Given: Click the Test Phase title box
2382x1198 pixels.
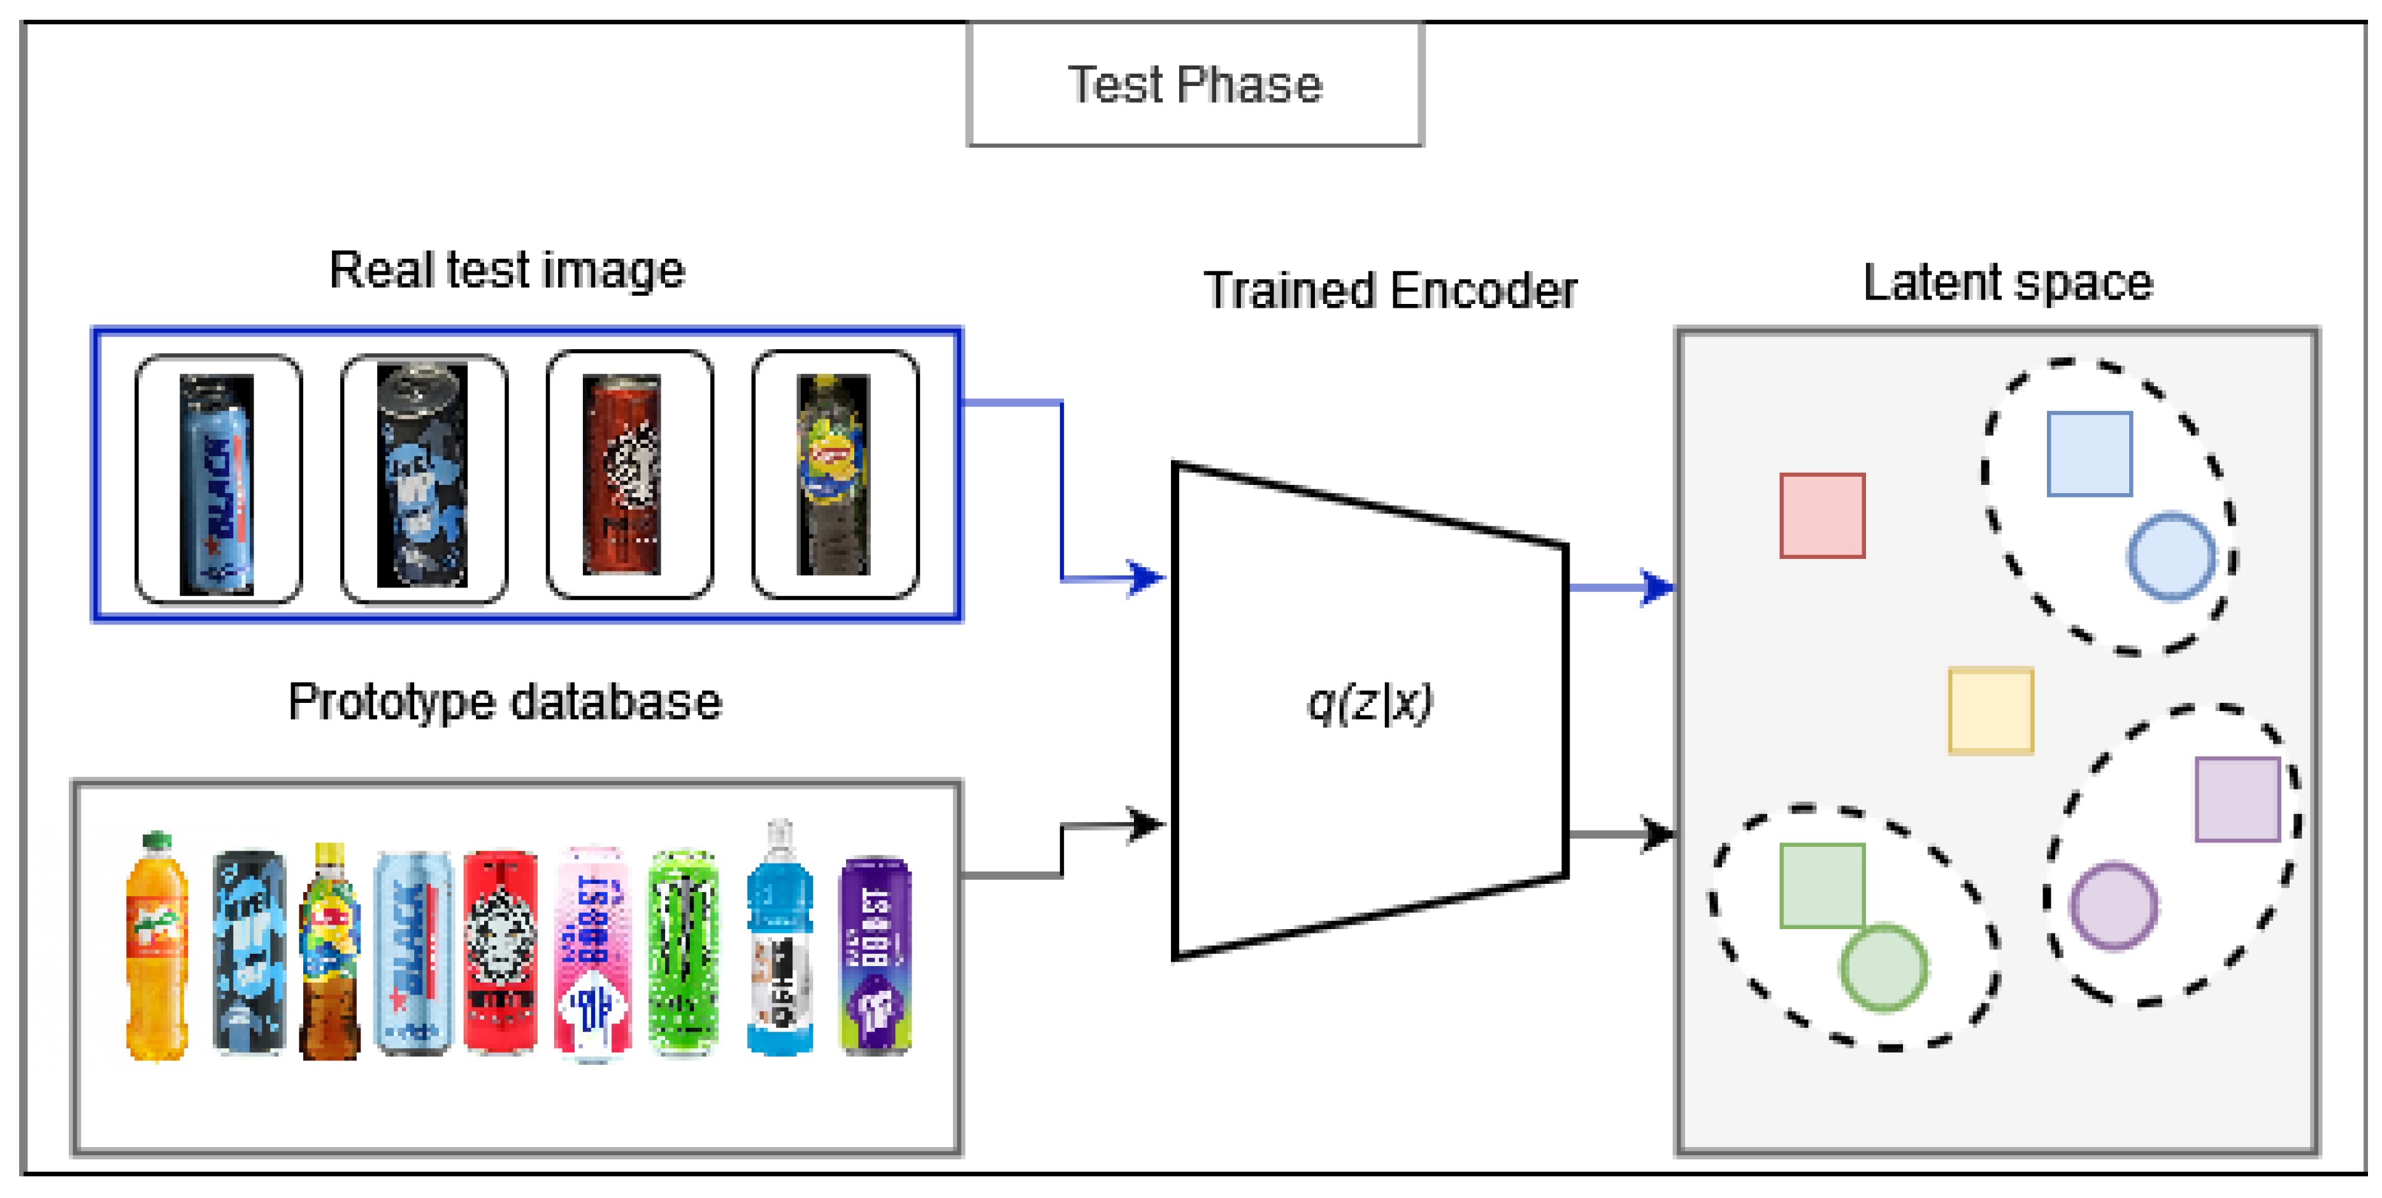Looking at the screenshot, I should click(1194, 84).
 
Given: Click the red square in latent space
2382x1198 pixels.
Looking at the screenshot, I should click(1821, 516).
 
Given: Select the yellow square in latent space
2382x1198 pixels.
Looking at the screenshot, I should click(1990, 711).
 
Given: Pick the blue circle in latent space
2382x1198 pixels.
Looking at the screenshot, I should click(2171, 556).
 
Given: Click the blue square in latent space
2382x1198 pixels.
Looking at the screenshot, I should click(2089, 453).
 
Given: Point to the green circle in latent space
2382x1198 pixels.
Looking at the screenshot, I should click(1884, 967).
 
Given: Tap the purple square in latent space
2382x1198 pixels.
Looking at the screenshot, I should click(2237, 798).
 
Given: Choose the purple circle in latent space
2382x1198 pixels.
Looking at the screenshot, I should click(2113, 906).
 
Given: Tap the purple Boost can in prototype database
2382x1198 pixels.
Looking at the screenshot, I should click(874, 955).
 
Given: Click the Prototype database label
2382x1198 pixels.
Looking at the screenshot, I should click(504, 701).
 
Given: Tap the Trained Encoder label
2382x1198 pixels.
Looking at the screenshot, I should click(1390, 291).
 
